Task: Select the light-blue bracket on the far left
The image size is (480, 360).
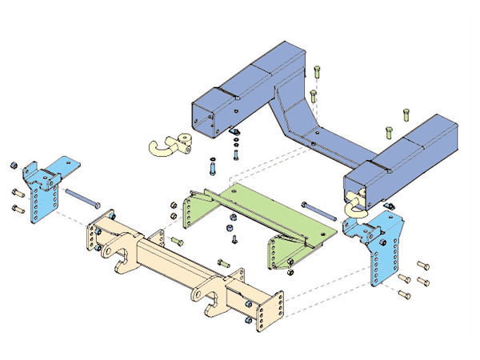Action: click(43, 190)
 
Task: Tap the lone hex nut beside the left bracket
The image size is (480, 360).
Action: click(14, 166)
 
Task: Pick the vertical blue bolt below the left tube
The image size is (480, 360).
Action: click(211, 170)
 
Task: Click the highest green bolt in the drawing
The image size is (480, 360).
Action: click(317, 73)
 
